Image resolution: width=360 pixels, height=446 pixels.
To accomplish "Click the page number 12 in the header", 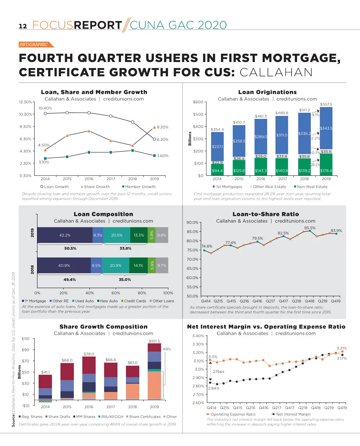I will (x=23, y=26).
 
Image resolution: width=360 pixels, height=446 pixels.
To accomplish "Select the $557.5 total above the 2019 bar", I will (x=326, y=104).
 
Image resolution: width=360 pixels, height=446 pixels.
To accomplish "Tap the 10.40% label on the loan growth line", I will (x=45, y=108).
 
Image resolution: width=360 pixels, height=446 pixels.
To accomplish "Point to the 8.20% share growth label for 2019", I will (x=163, y=127).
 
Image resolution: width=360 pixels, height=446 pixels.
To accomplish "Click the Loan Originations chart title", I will (x=267, y=92).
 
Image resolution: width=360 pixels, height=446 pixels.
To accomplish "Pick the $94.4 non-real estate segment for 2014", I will (x=217, y=171).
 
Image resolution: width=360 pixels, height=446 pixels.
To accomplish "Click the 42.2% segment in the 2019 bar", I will (x=65, y=235).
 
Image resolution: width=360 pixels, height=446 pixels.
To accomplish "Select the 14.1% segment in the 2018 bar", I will (x=138, y=266).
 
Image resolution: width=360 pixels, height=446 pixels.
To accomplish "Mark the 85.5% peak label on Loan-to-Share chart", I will (x=310, y=228).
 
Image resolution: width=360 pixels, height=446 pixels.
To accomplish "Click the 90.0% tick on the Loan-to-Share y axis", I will (x=192, y=222).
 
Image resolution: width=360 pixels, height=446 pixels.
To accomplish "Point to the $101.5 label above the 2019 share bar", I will (x=154, y=341).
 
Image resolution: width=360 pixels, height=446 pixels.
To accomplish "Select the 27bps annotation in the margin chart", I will (x=219, y=371).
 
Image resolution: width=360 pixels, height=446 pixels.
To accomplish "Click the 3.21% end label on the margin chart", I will (x=342, y=348).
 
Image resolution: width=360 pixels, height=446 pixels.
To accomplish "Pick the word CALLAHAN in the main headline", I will (x=276, y=72).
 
